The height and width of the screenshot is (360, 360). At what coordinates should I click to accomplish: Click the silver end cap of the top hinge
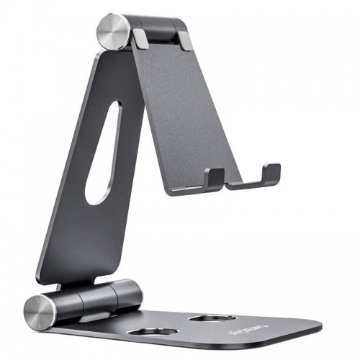(x=114, y=31)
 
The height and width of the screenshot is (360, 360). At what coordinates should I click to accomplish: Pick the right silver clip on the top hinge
(x=186, y=40)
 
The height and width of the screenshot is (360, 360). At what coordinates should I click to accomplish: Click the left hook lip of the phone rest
(x=213, y=177)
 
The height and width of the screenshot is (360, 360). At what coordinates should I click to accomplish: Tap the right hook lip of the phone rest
(x=271, y=173)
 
